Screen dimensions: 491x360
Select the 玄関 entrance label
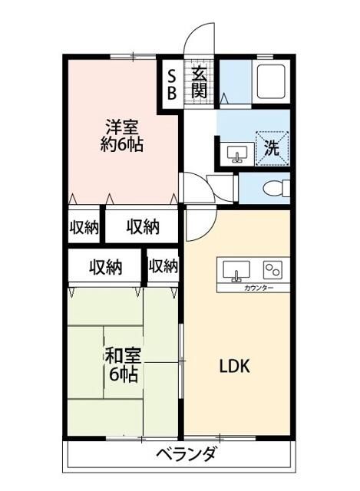199,82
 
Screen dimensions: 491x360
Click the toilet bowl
274,187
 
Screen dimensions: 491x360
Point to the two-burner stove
273,269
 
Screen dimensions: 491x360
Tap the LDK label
236,367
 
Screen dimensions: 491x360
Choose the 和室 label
121,357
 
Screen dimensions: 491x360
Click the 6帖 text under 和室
123,375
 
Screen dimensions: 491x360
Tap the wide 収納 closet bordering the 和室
105,267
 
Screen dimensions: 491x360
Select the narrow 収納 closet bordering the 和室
163,266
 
